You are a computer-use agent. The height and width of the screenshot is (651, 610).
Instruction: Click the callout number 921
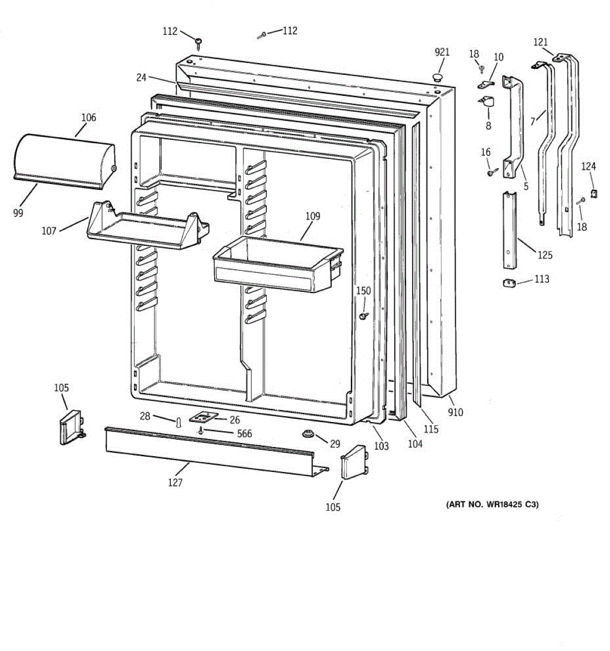[442, 52]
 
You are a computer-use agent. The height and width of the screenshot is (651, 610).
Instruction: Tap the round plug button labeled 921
[437, 78]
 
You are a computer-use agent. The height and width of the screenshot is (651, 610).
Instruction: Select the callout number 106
[88, 117]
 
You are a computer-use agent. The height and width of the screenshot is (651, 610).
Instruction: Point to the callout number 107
[49, 231]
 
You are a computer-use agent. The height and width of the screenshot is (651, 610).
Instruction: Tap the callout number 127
[175, 482]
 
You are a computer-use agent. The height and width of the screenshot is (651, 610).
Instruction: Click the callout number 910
[455, 412]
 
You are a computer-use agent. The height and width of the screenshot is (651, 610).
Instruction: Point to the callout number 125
[545, 255]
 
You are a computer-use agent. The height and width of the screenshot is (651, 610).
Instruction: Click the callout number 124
[589, 167]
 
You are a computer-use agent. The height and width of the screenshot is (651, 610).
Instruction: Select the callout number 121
[541, 42]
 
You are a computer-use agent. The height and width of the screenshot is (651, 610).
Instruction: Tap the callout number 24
[141, 78]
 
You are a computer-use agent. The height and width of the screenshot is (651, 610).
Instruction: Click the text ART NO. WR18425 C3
[492, 505]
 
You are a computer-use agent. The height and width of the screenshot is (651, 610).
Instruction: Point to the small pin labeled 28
[177, 422]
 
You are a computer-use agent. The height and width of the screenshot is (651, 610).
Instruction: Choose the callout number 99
[18, 213]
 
